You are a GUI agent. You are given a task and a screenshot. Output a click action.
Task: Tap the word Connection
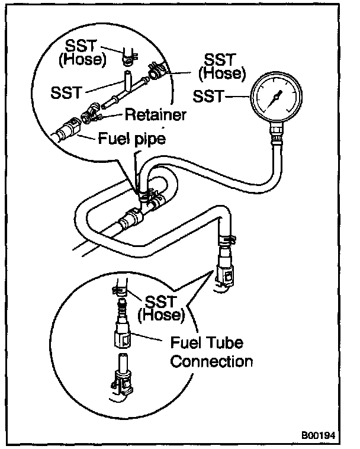pos(211,361)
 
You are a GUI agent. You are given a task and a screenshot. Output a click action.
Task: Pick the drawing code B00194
pos(319,435)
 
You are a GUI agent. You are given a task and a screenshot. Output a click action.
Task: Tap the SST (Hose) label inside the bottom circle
pos(160,308)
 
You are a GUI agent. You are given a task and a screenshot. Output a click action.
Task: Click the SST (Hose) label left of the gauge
pos(222,66)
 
